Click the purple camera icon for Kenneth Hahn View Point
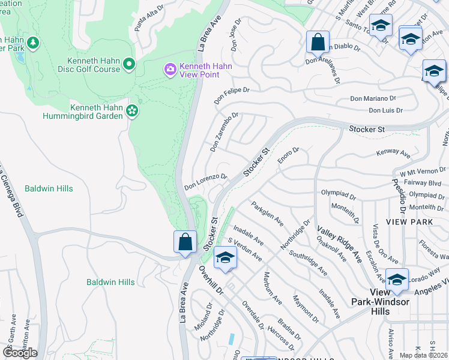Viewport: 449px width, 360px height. (170, 70)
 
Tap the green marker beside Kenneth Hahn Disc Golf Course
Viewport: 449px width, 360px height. (129, 64)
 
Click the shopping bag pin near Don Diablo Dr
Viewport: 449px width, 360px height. (318, 43)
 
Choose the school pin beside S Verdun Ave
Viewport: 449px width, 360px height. (225, 257)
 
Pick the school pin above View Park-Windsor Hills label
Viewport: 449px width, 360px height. (397, 280)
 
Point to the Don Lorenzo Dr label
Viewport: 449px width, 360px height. (205, 181)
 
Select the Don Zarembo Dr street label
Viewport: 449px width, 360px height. (224, 131)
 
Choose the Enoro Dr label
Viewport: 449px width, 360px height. (288, 155)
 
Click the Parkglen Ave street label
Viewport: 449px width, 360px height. (268, 213)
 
